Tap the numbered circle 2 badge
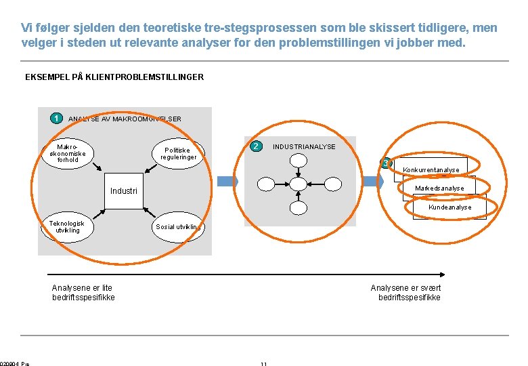coord(255,146)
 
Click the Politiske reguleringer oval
coord(179,154)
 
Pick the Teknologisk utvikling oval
coord(67,227)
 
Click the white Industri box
coord(125,190)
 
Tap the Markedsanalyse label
coord(439,188)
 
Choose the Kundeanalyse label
coord(449,207)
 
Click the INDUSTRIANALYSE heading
coord(304,146)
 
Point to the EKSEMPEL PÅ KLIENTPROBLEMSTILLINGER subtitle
coord(114,77)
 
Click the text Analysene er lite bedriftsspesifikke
coord(83,293)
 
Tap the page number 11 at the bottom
coord(263,364)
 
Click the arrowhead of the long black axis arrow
coord(442,274)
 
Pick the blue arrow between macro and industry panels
coord(227,182)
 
